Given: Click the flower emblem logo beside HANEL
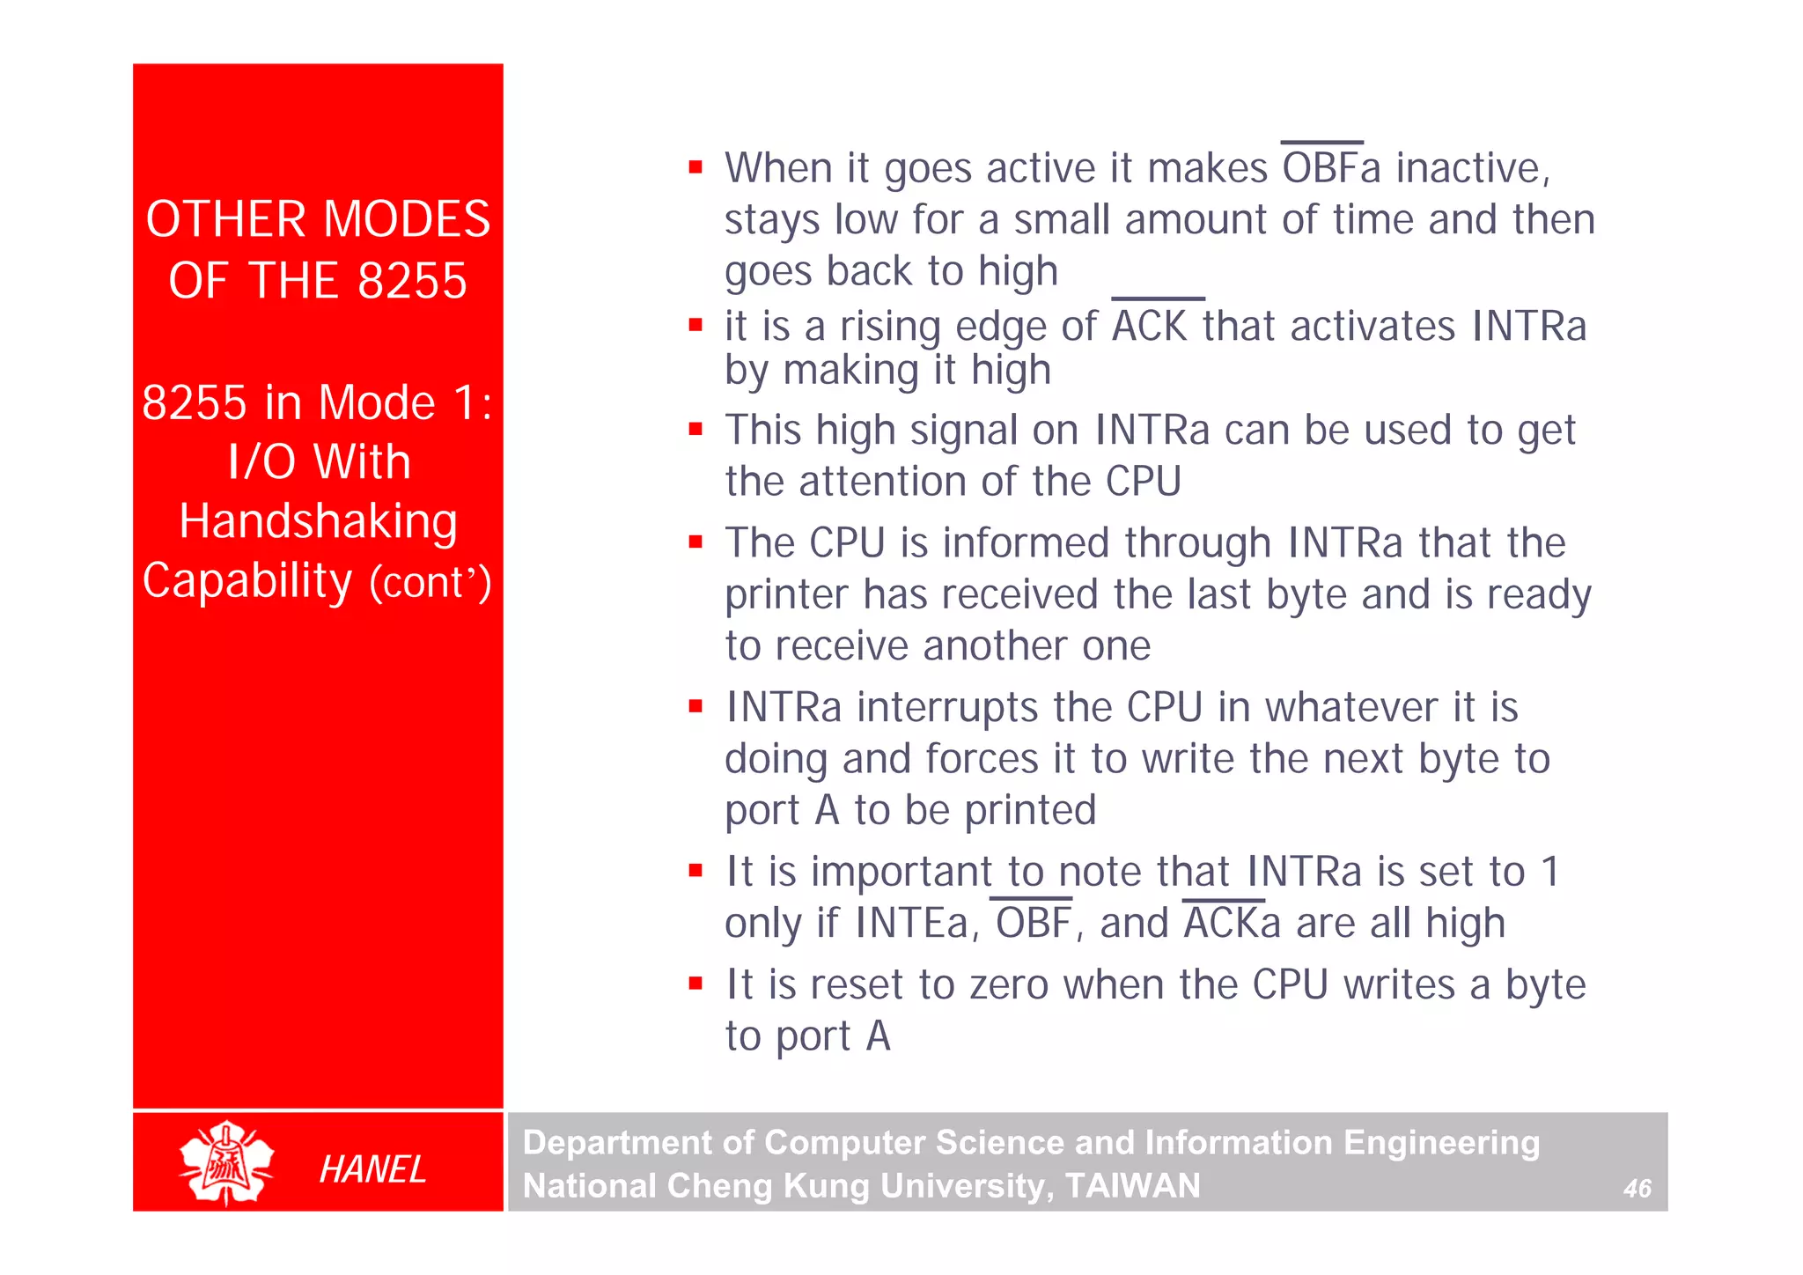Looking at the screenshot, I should pyautogui.click(x=226, y=1162).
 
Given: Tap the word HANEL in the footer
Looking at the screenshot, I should pyautogui.click(x=372, y=1169).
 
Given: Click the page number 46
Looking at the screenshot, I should pyautogui.click(x=1637, y=1189).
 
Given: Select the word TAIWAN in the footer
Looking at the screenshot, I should pyautogui.click(x=1132, y=1186).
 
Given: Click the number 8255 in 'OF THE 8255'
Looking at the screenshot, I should pyautogui.click(x=412, y=281).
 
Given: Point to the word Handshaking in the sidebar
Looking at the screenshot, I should pyautogui.click(x=318, y=521).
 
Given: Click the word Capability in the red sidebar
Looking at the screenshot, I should pyautogui.click(x=247, y=581).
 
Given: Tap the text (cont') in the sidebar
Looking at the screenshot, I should pyautogui.click(x=430, y=583).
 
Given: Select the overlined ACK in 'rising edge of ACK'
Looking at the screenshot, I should pyautogui.click(x=1150, y=326).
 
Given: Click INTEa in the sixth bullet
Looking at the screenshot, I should pyautogui.click(x=912, y=924).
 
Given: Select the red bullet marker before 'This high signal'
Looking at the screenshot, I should pyautogui.click(x=695, y=430).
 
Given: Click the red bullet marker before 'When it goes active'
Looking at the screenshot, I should pyautogui.click(x=695, y=166).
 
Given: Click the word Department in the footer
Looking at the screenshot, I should pyautogui.click(x=615, y=1143).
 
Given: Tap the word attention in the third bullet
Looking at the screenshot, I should pyautogui.click(x=882, y=482).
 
